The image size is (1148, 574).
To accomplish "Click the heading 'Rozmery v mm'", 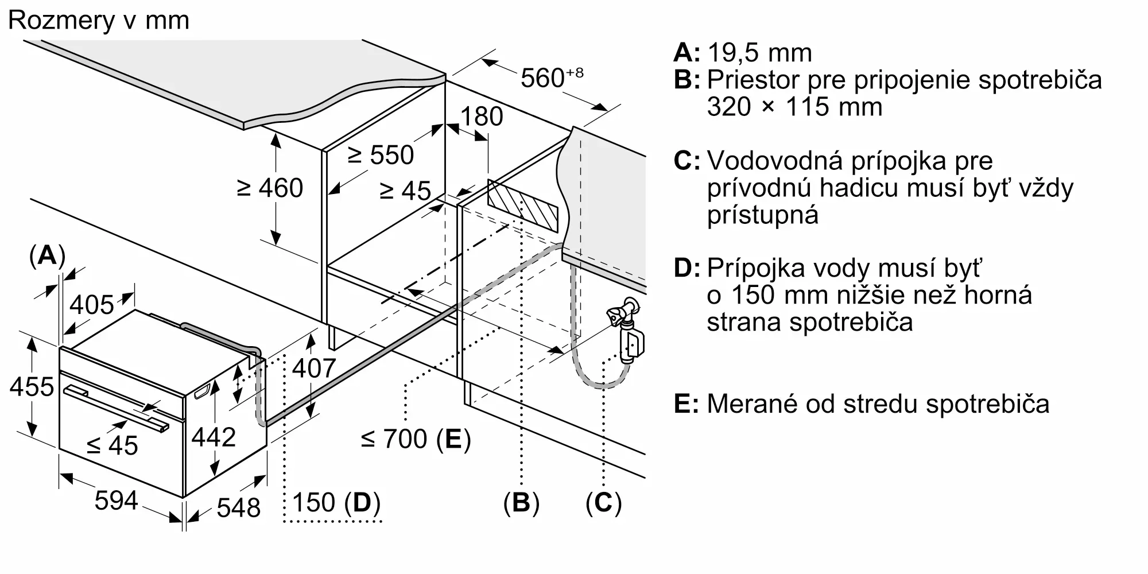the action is (x=99, y=21).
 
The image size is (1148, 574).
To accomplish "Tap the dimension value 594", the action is (x=117, y=501).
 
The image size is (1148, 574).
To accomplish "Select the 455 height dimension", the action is (x=32, y=386).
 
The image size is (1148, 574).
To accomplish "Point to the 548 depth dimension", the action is (x=239, y=507).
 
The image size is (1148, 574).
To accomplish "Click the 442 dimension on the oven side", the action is (x=214, y=437).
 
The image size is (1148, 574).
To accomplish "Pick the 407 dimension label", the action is (x=314, y=368).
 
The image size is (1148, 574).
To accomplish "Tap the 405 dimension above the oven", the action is (x=92, y=305).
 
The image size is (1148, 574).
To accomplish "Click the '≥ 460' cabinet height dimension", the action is (x=270, y=188).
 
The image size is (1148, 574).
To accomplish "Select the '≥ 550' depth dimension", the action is (x=381, y=155).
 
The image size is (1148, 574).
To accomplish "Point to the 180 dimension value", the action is (x=482, y=117).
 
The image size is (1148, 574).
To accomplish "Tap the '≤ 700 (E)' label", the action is (x=416, y=439).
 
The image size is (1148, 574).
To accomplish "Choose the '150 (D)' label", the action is (x=336, y=503).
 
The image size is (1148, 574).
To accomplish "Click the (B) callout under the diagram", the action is (x=521, y=503).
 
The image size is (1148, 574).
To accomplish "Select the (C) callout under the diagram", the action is (x=604, y=503).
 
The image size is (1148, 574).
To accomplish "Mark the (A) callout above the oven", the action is (x=47, y=255).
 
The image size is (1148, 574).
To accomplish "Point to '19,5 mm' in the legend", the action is (x=760, y=53).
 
